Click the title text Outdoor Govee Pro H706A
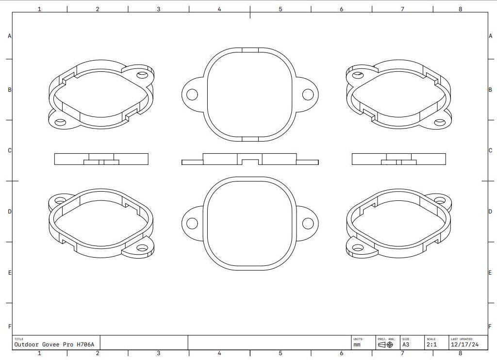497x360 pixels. click(x=54, y=344)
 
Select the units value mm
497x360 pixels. click(x=357, y=345)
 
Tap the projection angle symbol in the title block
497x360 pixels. click(x=385, y=345)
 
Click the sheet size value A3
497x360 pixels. click(x=406, y=345)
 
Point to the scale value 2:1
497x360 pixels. click(x=431, y=345)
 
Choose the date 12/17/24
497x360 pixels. click(x=464, y=345)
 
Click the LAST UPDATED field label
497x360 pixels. click(x=462, y=339)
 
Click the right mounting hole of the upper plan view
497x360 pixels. click(x=308, y=94)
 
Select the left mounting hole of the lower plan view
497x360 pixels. click(x=192, y=224)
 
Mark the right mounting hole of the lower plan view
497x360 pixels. click(x=308, y=224)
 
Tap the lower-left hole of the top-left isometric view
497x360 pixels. click(x=61, y=122)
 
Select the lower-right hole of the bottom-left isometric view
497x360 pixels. click(x=142, y=248)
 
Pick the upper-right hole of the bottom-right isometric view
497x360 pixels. click(x=440, y=200)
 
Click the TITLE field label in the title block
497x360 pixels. click(x=18, y=339)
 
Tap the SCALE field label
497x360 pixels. click(x=431, y=339)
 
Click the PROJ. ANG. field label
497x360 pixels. click(x=386, y=339)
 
